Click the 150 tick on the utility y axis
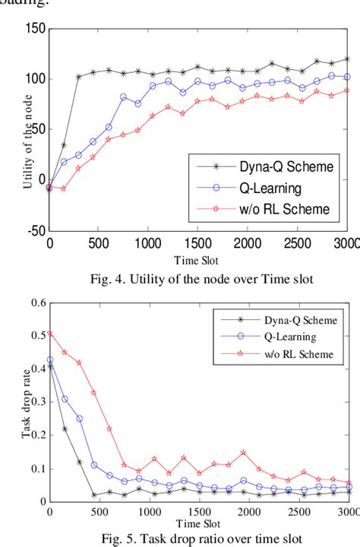[35, 29]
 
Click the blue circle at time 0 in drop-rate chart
[50, 360]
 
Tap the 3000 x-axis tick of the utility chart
[346, 243]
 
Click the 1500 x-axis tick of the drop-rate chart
[197, 512]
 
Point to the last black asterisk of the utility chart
[347, 59]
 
